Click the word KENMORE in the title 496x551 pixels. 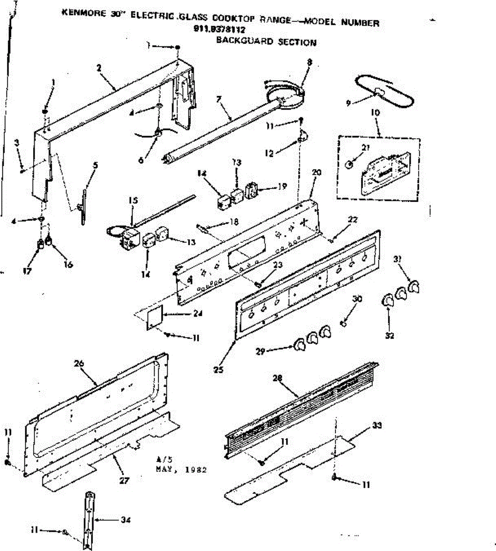coord(81,13)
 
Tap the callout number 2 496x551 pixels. coord(99,67)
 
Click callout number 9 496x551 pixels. coord(348,103)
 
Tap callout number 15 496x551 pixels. coord(133,201)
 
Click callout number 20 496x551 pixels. coord(316,173)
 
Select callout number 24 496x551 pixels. coord(198,314)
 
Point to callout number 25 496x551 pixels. coord(218,369)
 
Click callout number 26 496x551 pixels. coord(79,364)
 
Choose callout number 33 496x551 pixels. coord(377,425)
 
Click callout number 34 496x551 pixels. coord(125,520)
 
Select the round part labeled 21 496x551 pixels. coord(350,163)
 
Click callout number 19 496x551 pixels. coord(282,186)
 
